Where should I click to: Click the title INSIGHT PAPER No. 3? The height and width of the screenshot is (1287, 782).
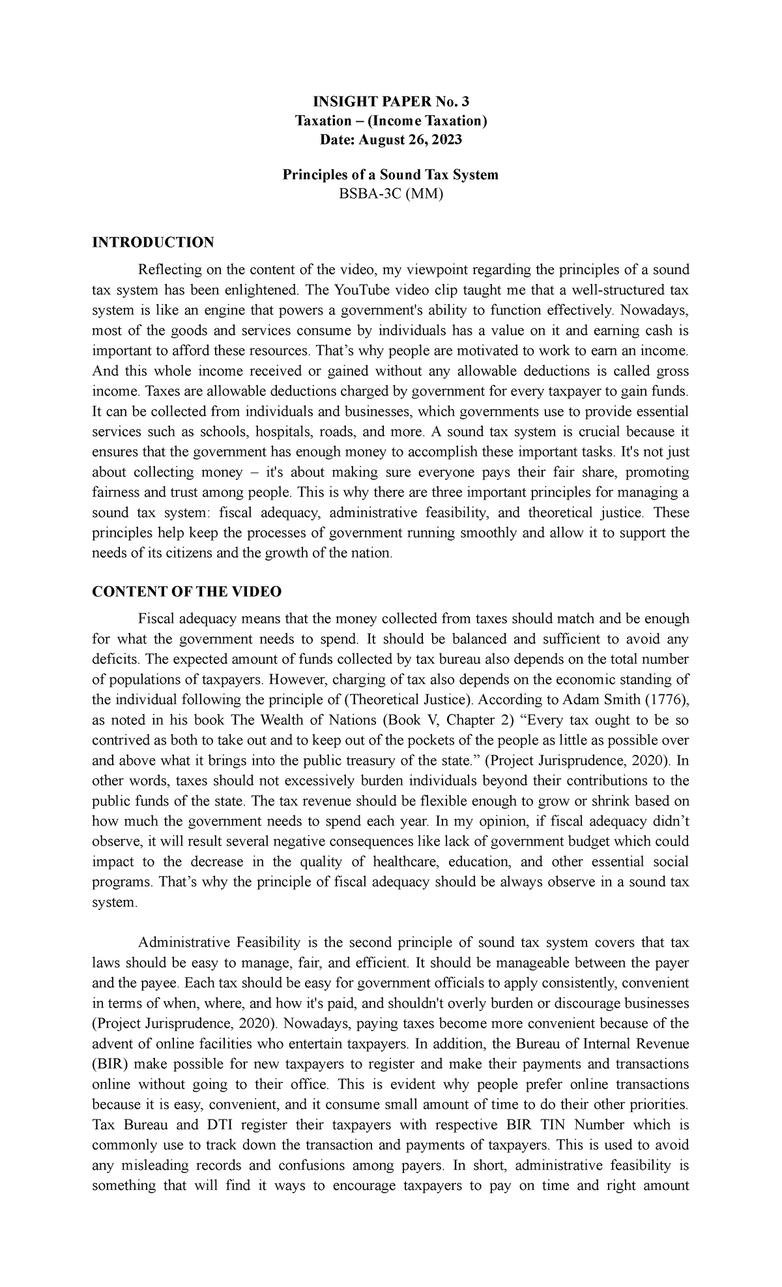point(390,101)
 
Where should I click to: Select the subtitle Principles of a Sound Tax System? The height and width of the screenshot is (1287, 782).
point(390,175)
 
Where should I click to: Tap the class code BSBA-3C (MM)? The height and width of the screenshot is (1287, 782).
point(390,193)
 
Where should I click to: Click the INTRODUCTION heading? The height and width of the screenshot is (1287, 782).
point(153,243)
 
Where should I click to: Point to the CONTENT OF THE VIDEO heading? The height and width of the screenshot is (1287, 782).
point(187,591)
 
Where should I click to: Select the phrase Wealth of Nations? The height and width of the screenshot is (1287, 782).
point(319,720)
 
